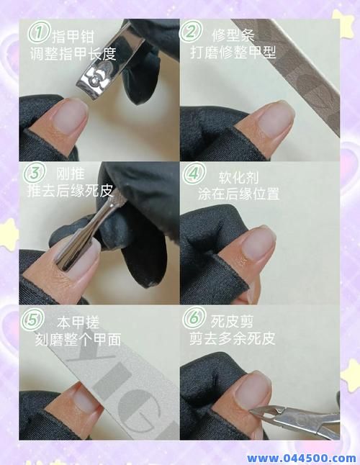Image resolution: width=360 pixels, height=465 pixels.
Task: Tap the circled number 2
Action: pyautogui.click(x=191, y=32)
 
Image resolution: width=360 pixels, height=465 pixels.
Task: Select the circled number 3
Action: pyautogui.click(x=33, y=173)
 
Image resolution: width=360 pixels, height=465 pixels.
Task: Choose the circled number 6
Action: pyautogui.click(x=193, y=318)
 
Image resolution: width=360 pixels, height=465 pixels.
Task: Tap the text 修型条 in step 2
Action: pyautogui.click(x=232, y=35)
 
